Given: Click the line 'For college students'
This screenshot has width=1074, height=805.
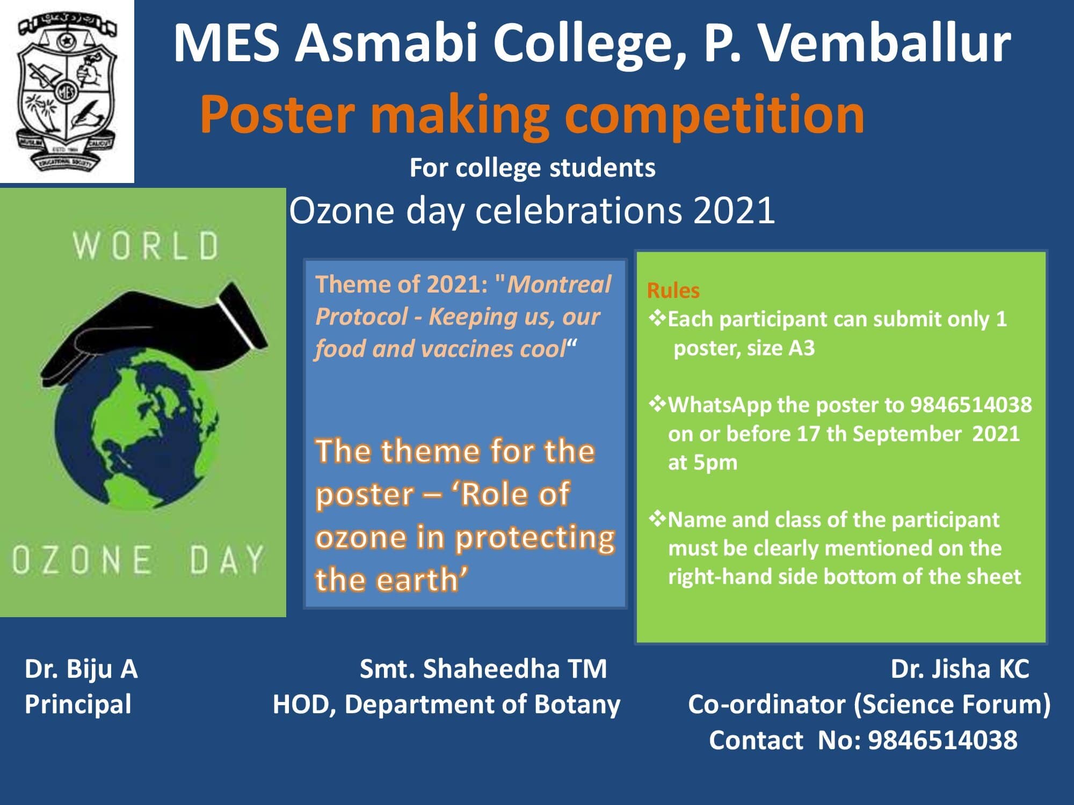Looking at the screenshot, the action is pyautogui.click(x=532, y=168).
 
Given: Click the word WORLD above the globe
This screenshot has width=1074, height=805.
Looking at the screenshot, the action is pyautogui.click(x=146, y=246).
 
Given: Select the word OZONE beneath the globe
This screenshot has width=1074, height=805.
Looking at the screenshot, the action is pyautogui.click(x=82, y=559).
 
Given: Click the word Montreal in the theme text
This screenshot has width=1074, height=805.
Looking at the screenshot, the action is pyautogui.click(x=559, y=284).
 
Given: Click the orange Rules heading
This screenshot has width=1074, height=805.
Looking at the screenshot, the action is pyautogui.click(x=673, y=290).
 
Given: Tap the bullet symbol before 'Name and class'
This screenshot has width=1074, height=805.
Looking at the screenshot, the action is pyautogui.click(x=657, y=519).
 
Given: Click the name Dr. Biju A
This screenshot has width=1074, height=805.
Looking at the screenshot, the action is pyautogui.click(x=81, y=670).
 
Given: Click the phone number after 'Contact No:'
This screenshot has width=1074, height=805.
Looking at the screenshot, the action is pyautogui.click(x=942, y=740).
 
